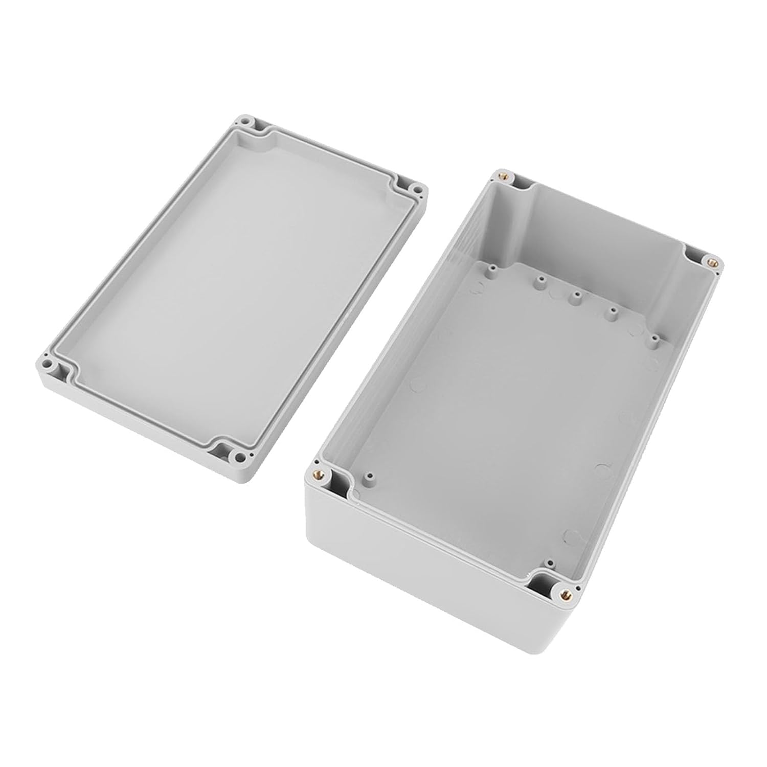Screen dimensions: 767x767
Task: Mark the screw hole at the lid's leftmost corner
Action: [49, 366]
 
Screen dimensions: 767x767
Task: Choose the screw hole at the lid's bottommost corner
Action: [238, 455]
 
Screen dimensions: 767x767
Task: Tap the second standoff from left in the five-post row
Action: [538, 280]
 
